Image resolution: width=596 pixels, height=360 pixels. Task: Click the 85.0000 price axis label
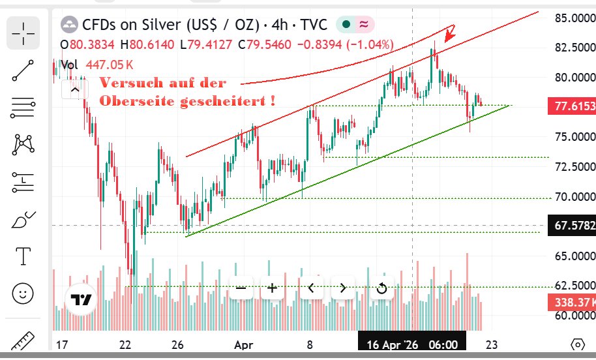(x=574, y=18)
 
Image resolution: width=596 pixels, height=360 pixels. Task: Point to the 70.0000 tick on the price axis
(x=574, y=196)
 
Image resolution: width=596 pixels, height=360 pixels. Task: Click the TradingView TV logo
(x=81, y=299)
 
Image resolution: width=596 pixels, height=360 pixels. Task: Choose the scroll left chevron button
(x=311, y=288)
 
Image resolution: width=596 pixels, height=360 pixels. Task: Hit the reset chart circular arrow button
(x=381, y=288)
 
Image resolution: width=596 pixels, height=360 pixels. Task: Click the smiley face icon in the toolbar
(x=23, y=293)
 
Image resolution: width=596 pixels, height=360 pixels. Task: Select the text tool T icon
(x=23, y=256)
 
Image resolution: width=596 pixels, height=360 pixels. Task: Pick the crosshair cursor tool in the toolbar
(x=23, y=33)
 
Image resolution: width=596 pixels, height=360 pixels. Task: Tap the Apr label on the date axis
(x=243, y=344)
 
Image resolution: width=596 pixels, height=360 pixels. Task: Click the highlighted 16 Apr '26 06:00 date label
(x=411, y=344)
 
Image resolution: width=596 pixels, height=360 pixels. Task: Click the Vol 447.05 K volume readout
(x=98, y=65)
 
